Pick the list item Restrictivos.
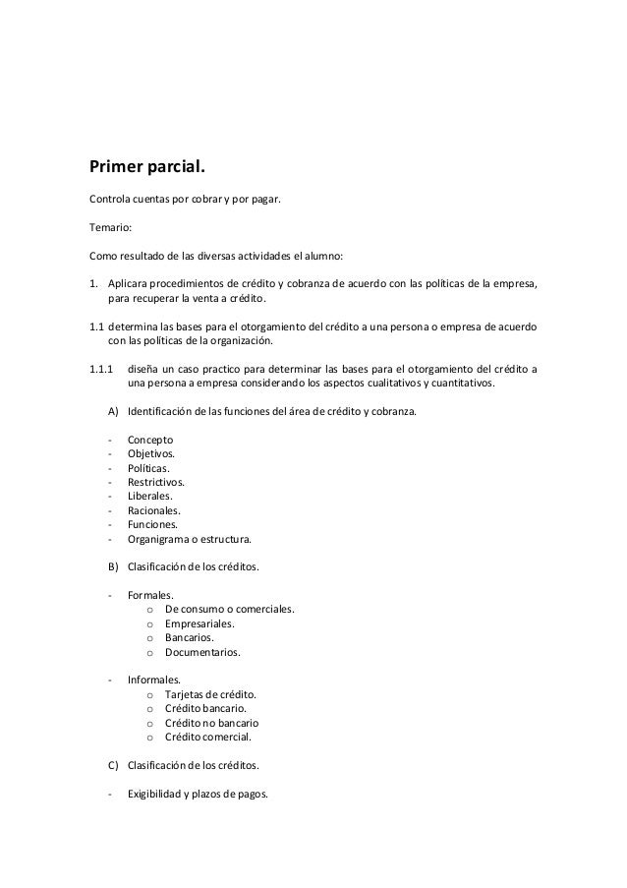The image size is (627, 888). click(155, 482)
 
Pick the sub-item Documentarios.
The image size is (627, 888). click(202, 651)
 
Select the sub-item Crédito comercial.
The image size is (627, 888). click(208, 737)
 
